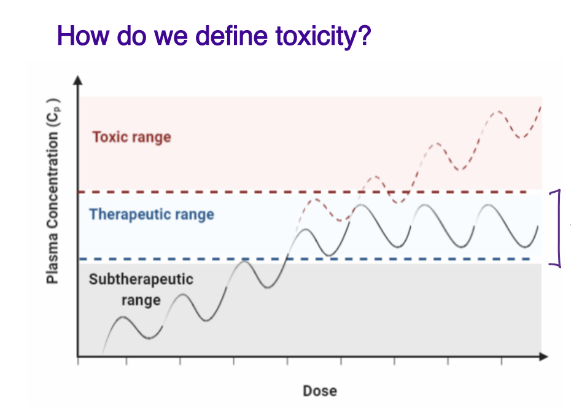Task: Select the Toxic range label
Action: pyautogui.click(x=131, y=136)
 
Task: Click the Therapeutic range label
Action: pyautogui.click(x=151, y=214)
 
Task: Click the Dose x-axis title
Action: pyautogui.click(x=319, y=391)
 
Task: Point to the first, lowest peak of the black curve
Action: pyautogui.click(x=123, y=317)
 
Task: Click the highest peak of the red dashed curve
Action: pyautogui.click(x=499, y=112)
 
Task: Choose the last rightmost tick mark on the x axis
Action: pyautogui.click(x=502, y=361)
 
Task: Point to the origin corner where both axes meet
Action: pyautogui.click(x=78, y=356)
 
